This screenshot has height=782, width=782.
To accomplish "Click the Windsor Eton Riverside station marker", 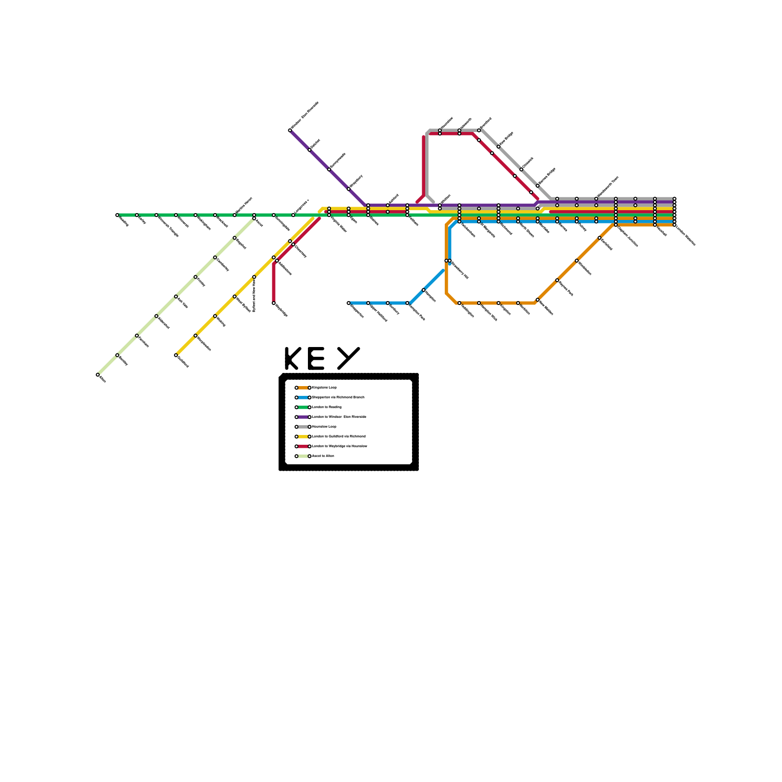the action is [x=290, y=130].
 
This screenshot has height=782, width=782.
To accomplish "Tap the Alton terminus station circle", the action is [x=98, y=375].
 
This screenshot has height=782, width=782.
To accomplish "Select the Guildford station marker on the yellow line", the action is [x=176, y=355].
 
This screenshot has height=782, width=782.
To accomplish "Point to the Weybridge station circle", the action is [x=274, y=303].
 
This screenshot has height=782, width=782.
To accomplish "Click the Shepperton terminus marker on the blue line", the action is [x=348, y=303].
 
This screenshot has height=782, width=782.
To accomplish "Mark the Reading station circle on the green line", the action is [x=117, y=215].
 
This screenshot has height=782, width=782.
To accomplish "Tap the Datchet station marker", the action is [x=309, y=150].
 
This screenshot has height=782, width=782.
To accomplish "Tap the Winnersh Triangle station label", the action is [x=168, y=226].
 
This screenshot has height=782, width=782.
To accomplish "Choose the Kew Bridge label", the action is [x=506, y=138].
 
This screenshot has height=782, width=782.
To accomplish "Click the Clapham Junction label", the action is [x=628, y=237].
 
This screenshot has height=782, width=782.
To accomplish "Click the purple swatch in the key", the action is [x=303, y=417].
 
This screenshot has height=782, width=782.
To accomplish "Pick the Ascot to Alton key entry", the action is [x=323, y=456].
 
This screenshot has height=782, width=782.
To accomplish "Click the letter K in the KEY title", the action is [x=292, y=359].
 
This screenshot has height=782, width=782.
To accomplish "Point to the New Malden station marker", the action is [x=538, y=300].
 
